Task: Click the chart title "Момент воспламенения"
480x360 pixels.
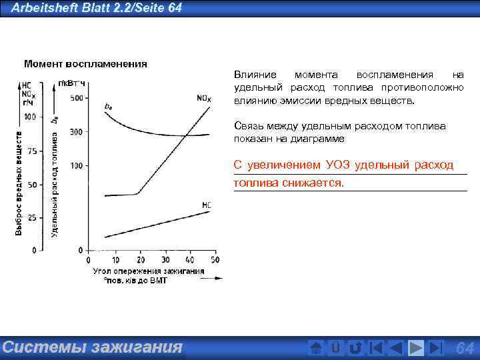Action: tap(85, 64)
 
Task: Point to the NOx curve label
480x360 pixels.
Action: tap(204, 99)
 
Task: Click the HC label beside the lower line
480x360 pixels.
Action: tap(206, 205)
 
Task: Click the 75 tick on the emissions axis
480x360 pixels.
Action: tap(30, 150)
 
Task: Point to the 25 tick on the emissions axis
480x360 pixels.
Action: tap(31, 218)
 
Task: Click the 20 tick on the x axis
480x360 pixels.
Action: tap(139, 259)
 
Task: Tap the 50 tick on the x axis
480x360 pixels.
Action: tap(214, 259)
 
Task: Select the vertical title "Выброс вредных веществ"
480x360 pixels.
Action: tap(19, 182)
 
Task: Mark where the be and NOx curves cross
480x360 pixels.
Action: tap(187, 135)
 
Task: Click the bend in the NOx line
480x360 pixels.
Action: tap(138, 193)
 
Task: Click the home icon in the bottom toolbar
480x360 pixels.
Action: tap(317, 348)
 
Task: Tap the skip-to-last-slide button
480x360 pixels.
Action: tap(435, 348)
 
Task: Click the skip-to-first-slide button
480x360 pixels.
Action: tap(376, 348)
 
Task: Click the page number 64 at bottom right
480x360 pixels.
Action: tap(464, 348)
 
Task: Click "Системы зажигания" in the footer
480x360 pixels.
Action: tap(92, 347)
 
